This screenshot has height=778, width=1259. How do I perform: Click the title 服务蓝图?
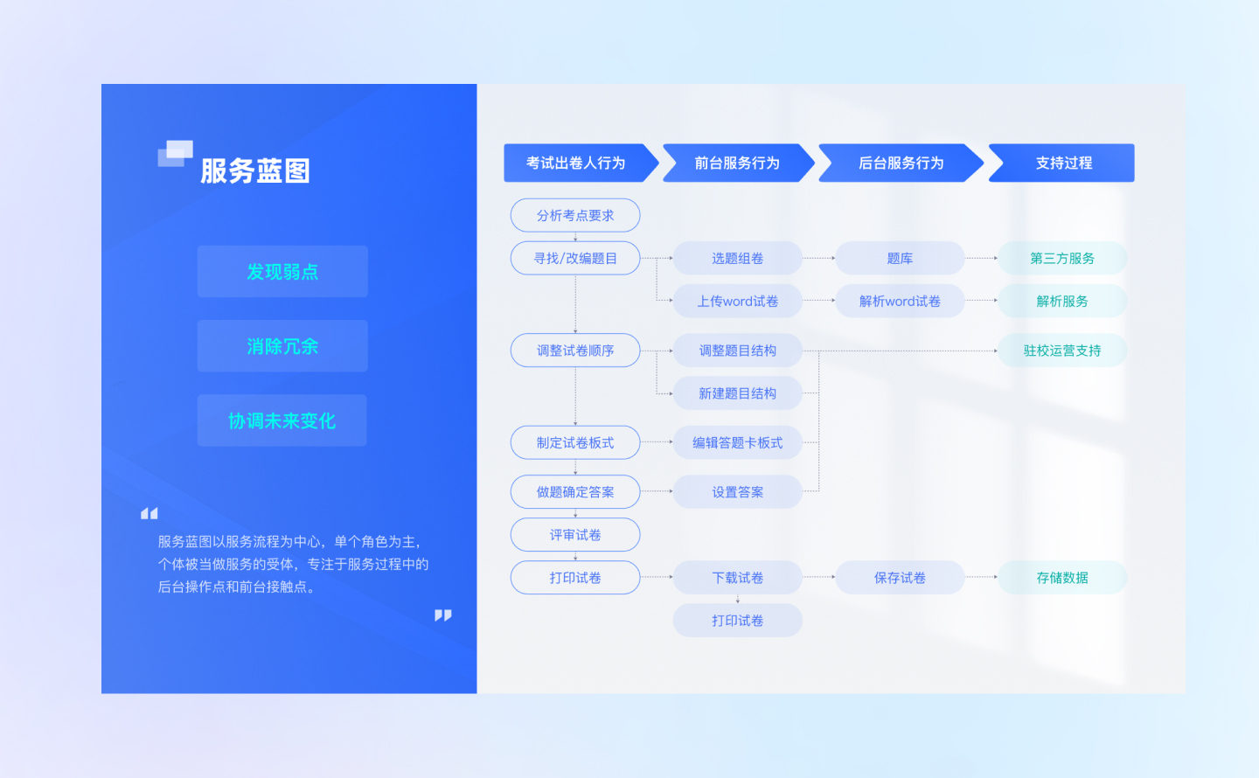(254, 170)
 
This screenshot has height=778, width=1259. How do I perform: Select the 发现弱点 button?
(282, 272)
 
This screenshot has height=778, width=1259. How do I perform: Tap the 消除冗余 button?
(282, 346)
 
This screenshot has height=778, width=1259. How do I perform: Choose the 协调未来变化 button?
(282, 420)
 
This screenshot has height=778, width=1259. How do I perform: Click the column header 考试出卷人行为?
(576, 163)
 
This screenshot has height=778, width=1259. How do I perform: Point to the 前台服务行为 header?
(737, 163)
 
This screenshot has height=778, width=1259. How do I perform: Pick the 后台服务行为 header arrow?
(901, 163)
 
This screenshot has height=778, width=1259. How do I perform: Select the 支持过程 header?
(1063, 163)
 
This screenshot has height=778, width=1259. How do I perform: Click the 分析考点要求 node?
(575, 215)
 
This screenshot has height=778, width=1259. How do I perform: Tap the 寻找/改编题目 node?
(575, 258)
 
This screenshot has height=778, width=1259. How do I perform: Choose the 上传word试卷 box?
(737, 301)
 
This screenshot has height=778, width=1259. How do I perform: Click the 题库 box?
(900, 258)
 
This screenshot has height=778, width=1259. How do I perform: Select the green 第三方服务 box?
(1062, 258)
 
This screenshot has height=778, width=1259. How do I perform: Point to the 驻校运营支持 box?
(1062, 351)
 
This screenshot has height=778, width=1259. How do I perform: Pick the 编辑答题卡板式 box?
(737, 442)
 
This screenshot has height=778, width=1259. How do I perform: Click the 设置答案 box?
(737, 492)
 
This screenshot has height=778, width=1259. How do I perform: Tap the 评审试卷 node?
(575, 535)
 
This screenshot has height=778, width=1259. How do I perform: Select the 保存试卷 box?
(900, 578)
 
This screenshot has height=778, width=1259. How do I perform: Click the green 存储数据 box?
(1062, 578)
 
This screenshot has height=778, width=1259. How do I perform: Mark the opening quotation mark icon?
(150, 513)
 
